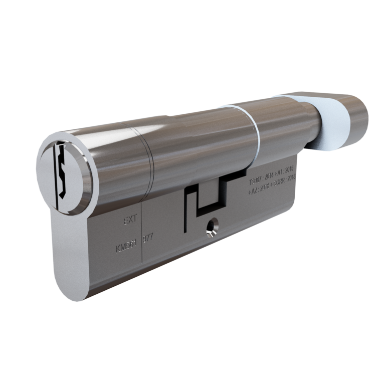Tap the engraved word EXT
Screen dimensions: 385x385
[x=129, y=219]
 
